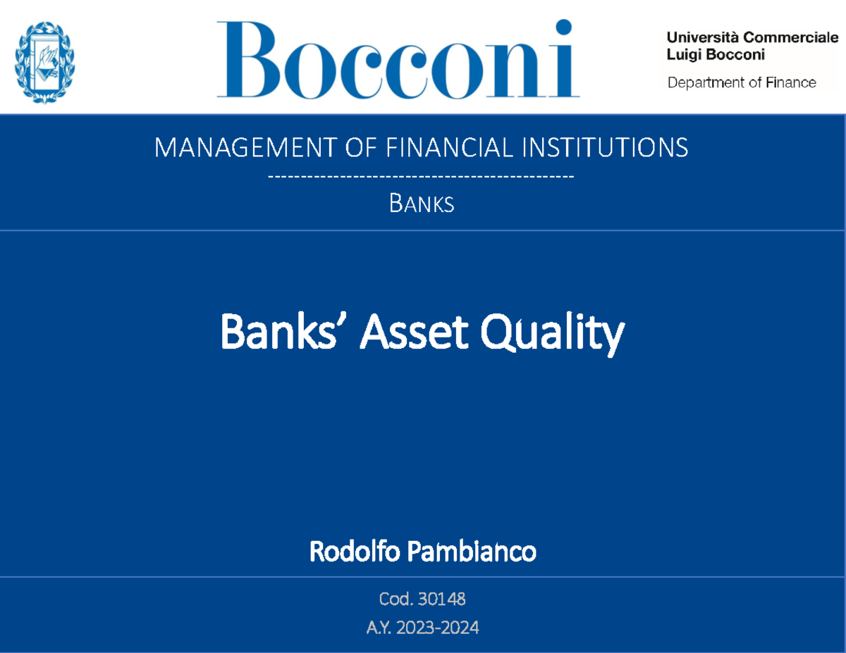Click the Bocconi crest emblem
[x=46, y=62]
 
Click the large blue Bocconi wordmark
[x=398, y=60]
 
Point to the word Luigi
[x=682, y=54]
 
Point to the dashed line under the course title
[x=422, y=175]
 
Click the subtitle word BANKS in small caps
[x=422, y=204]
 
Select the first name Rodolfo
[x=352, y=552]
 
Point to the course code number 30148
[x=441, y=599]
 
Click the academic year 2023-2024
[x=441, y=627]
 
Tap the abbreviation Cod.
[x=396, y=599]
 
